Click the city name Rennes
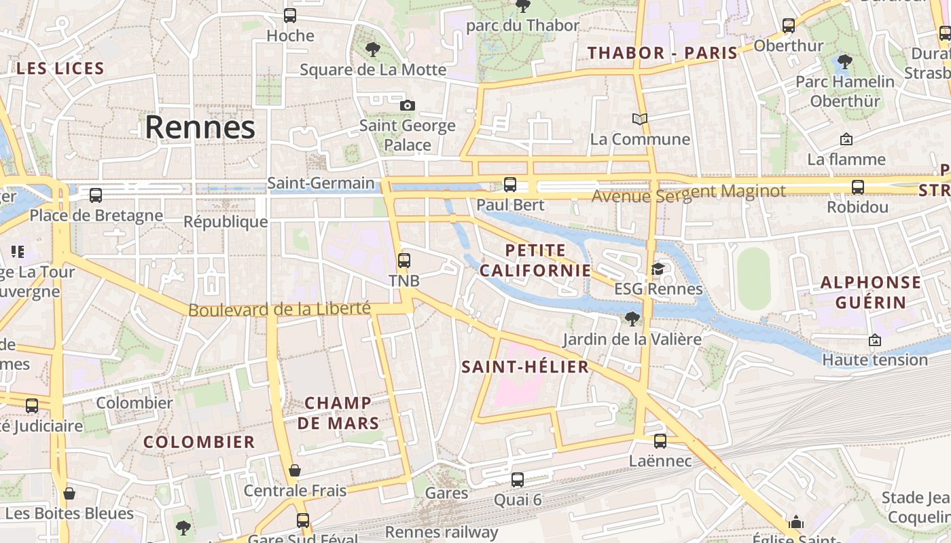point(200,127)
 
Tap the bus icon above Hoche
point(290,15)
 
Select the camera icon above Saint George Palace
point(408,105)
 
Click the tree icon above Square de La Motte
point(372,49)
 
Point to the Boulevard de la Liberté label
point(279,310)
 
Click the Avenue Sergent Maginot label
point(688,193)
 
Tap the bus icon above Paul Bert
point(509,184)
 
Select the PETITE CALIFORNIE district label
point(535,261)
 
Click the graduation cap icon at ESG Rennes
point(657,269)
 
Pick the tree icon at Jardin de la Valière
point(632,318)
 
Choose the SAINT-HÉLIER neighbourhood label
point(525,367)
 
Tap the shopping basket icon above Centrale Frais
point(295,470)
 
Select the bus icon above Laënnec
point(660,441)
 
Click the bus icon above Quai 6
point(518,480)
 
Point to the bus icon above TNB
point(404,261)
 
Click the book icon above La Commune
point(639,119)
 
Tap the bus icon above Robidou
point(858,187)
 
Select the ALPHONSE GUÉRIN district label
point(871,293)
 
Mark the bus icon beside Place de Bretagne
point(96,195)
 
